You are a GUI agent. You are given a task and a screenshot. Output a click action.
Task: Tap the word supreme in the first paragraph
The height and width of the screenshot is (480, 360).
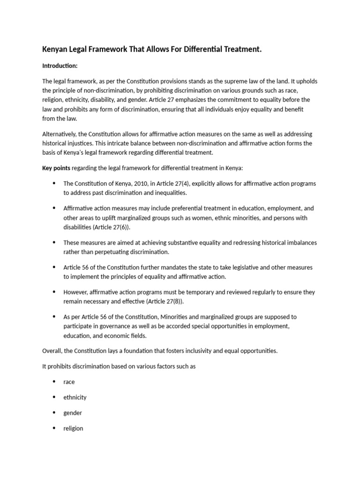[234, 82]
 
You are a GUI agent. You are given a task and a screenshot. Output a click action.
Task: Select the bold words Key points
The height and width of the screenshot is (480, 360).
[58, 168]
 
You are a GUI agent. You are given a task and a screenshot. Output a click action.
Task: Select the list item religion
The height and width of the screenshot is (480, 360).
[73, 428]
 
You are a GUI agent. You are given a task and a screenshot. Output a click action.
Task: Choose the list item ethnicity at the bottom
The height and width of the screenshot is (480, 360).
[75, 397]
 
